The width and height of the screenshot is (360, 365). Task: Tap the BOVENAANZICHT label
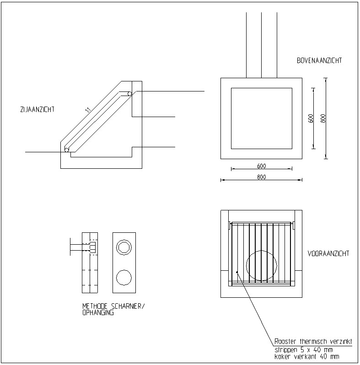(319, 60)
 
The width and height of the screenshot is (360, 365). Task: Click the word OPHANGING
(97, 313)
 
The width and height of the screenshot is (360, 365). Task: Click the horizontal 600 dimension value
(261, 166)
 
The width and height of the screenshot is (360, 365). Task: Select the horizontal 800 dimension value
(261, 177)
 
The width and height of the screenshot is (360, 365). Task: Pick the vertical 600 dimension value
(311, 118)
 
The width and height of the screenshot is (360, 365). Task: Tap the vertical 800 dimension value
(323, 118)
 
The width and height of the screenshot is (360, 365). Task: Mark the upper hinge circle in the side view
(130, 94)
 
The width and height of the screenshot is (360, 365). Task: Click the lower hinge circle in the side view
(67, 149)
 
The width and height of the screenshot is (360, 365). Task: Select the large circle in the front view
(262, 265)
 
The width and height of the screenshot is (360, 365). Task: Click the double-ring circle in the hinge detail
(124, 247)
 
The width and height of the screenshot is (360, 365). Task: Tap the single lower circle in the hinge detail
(124, 277)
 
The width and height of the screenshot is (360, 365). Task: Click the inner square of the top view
(261, 118)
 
